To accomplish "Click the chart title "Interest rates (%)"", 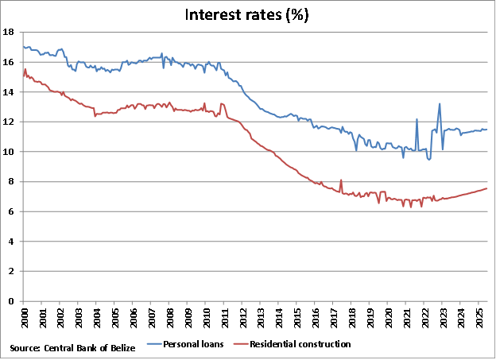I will [247, 14].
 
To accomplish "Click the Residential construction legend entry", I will [300, 344].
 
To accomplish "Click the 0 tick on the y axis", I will [11, 301].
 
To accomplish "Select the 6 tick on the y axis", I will [11, 211].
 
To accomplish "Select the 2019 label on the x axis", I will [370, 318].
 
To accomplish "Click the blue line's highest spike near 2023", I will [439, 103].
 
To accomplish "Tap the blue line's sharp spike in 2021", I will [417, 119].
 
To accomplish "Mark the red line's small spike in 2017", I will [341, 180].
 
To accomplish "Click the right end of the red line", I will [486, 188].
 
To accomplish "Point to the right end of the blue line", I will [486, 130].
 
